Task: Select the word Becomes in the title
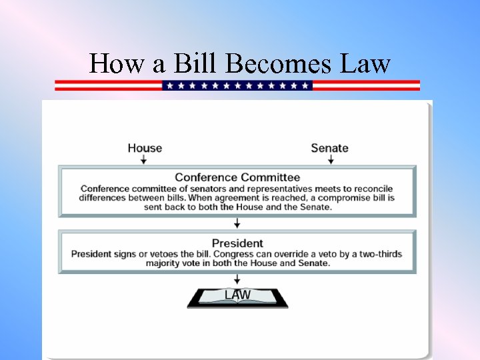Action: coord(279,64)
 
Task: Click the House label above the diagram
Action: coord(145,148)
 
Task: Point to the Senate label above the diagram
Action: coord(329,148)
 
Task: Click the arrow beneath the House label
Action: coord(145,160)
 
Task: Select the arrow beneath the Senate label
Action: coord(331,160)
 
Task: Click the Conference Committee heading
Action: coord(237,177)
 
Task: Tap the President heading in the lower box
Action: coord(237,243)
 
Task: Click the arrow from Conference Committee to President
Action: coord(237,223)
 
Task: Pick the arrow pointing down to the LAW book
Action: coord(237,279)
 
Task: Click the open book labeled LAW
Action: coord(237,297)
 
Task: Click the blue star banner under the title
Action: coord(237,85)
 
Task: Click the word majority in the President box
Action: coord(167,263)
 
